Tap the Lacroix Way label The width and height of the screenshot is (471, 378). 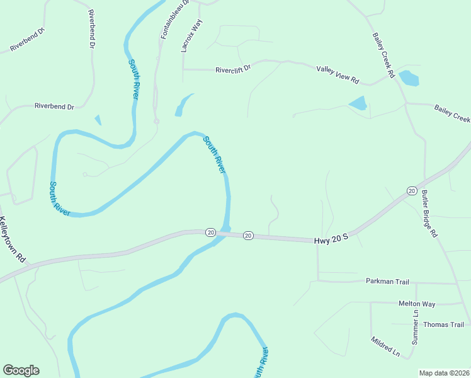point(188,35)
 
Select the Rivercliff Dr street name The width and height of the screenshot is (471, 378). point(233,69)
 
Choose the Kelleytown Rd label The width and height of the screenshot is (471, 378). point(13,240)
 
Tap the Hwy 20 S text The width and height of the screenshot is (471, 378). point(331,240)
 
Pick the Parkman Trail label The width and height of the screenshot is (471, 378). point(388,280)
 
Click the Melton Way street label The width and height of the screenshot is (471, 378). point(417,304)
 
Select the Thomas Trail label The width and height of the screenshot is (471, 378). point(443,324)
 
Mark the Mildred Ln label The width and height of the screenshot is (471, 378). point(385,347)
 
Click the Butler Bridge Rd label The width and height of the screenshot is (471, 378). point(429,214)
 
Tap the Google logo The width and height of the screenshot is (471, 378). point(21,370)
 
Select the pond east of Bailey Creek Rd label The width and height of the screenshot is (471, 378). point(409,78)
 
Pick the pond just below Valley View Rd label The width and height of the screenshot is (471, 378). point(358,103)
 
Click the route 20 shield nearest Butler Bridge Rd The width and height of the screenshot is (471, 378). point(411,190)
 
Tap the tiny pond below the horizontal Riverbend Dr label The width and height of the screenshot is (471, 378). point(98,120)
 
